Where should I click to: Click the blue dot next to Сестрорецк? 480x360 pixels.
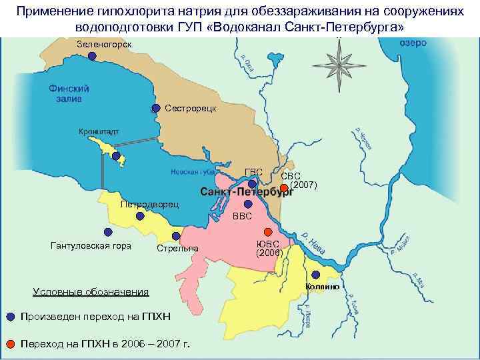[x=156, y=108]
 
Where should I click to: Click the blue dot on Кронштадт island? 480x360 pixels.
[x=116, y=157]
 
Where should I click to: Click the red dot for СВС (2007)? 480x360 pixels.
[x=283, y=187]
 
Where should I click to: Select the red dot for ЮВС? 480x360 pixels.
[x=268, y=232]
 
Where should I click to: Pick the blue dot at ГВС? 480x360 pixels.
[x=252, y=183]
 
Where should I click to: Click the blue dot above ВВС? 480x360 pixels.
[x=248, y=204]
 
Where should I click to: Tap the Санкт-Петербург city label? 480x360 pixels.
[x=247, y=193]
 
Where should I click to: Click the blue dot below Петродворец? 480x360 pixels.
[x=140, y=216]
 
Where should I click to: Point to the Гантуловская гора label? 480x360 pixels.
[x=91, y=245]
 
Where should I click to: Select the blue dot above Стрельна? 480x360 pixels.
[x=176, y=236]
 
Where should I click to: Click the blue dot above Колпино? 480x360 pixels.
[x=315, y=275]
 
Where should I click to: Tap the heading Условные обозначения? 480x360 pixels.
[x=91, y=291]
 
